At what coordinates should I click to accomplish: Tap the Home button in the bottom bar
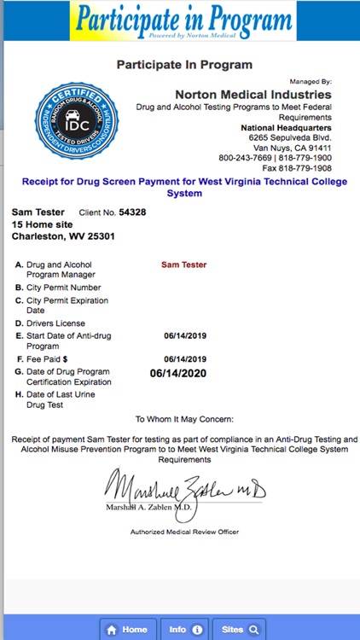click(129, 630)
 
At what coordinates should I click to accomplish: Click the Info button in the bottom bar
click(184, 630)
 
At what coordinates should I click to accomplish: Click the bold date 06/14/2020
click(178, 372)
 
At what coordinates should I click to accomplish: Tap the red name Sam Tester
click(184, 265)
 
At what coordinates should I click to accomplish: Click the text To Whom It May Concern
click(184, 420)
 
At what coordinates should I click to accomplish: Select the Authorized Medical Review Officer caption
click(184, 532)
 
